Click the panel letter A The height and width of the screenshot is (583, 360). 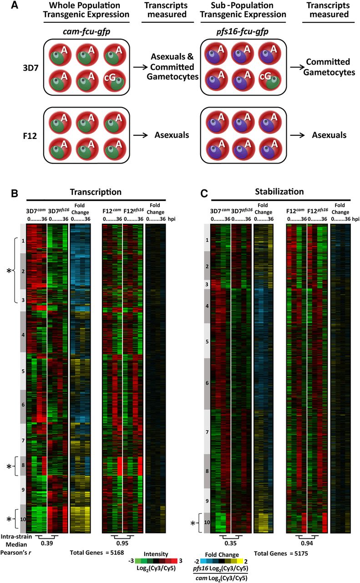15,5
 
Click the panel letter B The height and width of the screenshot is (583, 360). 15,194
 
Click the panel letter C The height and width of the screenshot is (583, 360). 204,194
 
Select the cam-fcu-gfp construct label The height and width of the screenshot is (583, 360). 86,31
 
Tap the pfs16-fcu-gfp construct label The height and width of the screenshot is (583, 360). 242,31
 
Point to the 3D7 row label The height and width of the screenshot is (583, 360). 30,68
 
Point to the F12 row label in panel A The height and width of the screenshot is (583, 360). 30,136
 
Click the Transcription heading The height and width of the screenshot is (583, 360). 96,192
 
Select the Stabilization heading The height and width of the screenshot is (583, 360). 279,192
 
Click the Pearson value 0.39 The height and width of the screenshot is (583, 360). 47,543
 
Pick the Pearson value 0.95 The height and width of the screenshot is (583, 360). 122,543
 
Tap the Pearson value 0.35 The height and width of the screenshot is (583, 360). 230,543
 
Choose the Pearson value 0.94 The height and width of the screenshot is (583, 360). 307,543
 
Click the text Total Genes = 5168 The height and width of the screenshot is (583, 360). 97,552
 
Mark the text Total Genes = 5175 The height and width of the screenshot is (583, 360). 281,553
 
